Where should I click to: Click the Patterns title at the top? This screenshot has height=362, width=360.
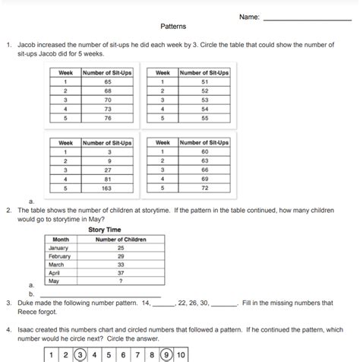(173, 26)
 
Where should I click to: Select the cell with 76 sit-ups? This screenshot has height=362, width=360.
(106, 118)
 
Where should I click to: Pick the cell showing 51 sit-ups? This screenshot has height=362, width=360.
(204, 81)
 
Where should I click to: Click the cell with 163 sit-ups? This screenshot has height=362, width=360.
(106, 187)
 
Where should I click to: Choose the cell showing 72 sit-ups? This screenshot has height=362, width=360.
(204, 187)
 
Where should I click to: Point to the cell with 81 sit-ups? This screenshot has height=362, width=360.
(106, 178)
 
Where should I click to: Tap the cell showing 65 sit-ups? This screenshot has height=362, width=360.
(106, 81)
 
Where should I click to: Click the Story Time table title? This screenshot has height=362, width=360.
(105, 229)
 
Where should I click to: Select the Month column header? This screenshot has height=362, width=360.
(61, 239)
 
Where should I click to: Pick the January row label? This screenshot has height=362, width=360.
(58, 247)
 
